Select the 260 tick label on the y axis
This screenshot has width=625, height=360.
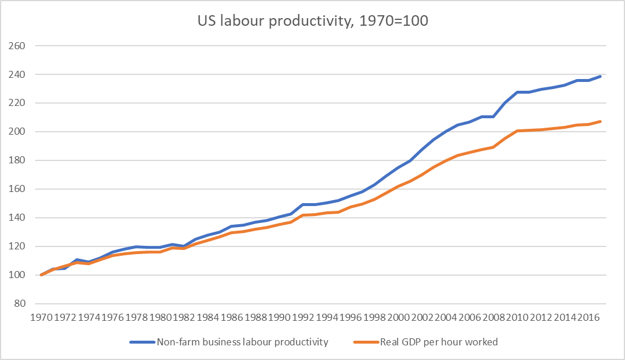[17, 46]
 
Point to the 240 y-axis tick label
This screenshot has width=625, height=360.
[17, 74]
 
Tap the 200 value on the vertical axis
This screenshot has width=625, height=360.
[17, 132]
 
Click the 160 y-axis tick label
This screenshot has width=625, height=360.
[17, 189]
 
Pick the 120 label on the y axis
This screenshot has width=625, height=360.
[17, 246]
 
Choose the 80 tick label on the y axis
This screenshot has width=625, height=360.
[19, 304]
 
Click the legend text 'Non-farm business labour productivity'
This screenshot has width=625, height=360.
[242, 341]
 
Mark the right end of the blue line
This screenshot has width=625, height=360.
[600, 76]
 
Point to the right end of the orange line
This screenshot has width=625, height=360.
[600, 121]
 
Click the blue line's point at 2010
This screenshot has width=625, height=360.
[517, 92]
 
